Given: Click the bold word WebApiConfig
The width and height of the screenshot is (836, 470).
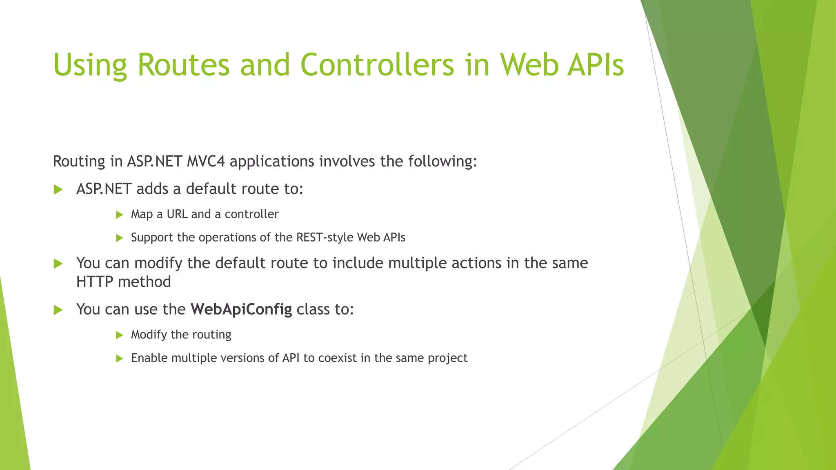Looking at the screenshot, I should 241,309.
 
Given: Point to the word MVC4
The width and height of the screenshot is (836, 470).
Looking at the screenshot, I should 206,162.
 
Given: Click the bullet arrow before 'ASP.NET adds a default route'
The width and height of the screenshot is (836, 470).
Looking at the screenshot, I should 58,189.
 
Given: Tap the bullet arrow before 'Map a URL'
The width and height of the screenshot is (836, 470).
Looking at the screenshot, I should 120,215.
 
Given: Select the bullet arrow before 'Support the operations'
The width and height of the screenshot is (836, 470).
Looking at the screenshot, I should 120,238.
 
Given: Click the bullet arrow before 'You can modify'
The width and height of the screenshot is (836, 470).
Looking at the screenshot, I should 58,264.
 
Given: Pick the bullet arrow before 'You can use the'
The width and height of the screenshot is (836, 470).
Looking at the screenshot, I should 58,310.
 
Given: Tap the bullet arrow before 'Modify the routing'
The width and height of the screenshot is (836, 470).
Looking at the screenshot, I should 120,335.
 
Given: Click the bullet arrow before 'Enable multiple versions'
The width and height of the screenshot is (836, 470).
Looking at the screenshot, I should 120,359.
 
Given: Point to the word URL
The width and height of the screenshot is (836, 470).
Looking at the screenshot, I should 177,214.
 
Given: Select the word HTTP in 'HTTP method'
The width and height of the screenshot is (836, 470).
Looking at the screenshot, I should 94,282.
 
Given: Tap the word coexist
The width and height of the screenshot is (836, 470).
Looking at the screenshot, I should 337,358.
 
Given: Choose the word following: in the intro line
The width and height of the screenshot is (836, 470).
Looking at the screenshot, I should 442,162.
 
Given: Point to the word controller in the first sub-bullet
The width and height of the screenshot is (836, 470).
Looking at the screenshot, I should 251,214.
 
